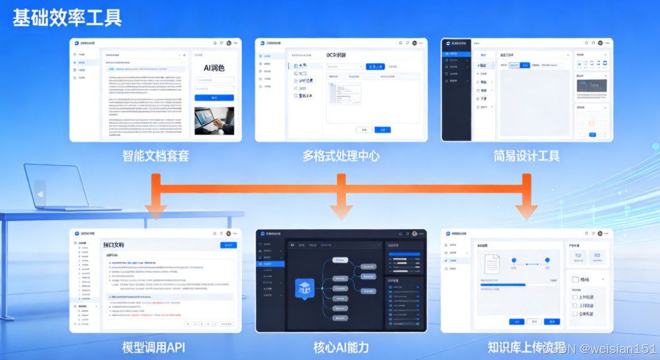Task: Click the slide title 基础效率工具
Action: click(67, 17)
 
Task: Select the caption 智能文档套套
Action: click(155, 156)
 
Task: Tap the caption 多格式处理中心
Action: click(341, 156)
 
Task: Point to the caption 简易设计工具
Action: click(526, 156)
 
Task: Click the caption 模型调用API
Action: click(154, 347)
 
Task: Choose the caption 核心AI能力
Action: click(341, 347)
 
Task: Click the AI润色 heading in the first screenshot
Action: click(214, 68)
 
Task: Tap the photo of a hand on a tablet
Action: click(214, 120)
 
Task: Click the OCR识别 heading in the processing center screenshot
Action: click(341, 55)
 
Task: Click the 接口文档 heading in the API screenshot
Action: click(114, 245)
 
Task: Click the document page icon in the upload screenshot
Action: click(492, 264)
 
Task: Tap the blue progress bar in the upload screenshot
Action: click(503, 285)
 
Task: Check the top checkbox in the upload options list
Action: click(575, 297)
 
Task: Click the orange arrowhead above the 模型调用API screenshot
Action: click(155, 212)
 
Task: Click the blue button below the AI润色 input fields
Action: click(214, 98)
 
